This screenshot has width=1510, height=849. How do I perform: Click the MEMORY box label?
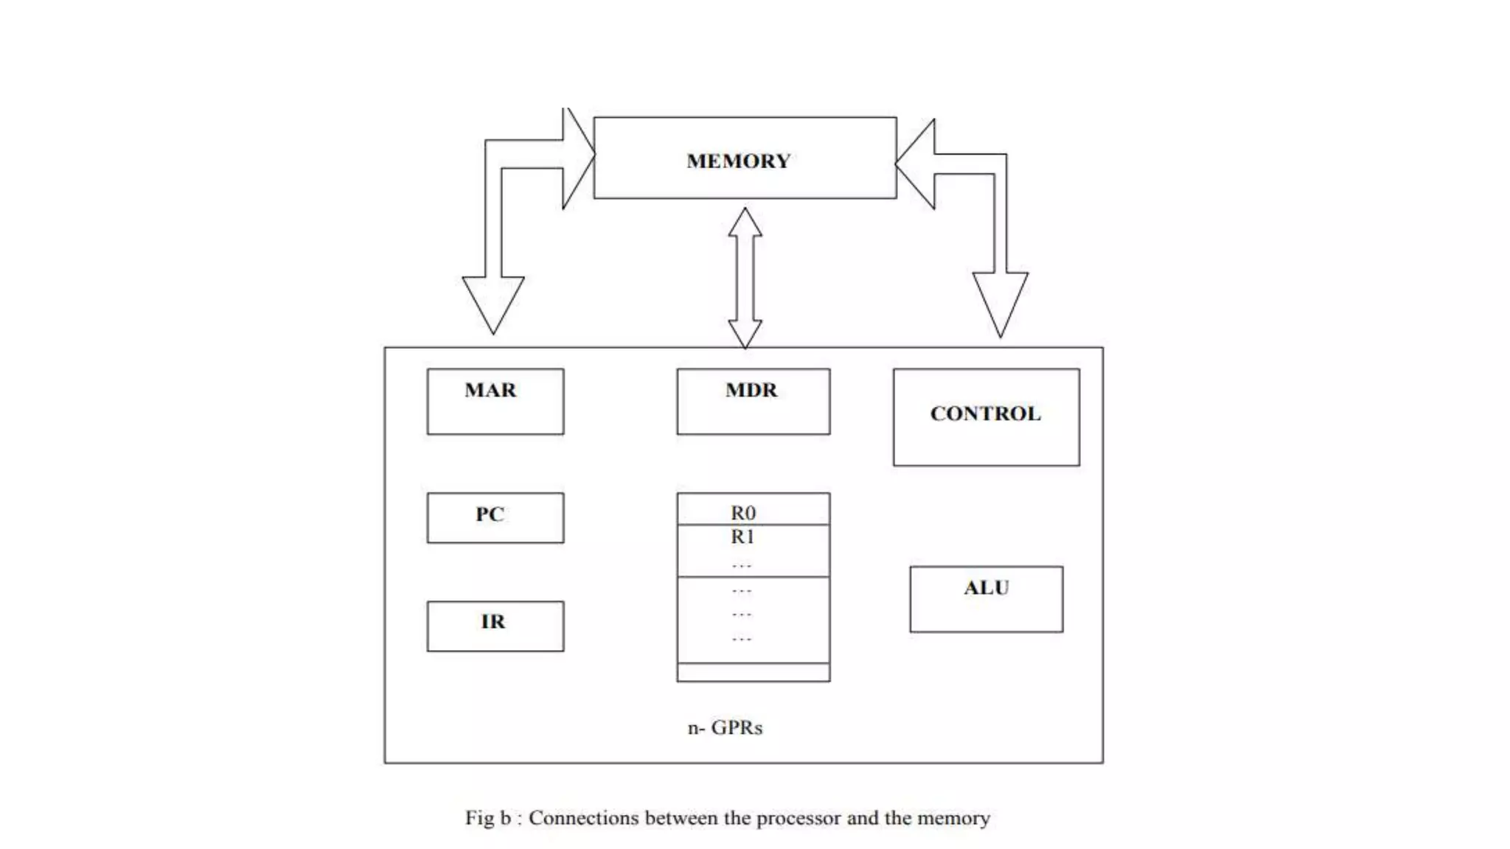(738, 161)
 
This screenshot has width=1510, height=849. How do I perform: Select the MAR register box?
(495, 401)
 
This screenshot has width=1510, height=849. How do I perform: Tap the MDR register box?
(753, 401)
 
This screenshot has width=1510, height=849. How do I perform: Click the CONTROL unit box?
(986, 416)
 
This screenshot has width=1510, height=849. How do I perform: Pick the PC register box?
(495, 517)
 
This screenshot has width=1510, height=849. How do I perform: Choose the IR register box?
(495, 626)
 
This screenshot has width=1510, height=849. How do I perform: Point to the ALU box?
(986, 598)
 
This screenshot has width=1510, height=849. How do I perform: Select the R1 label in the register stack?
(742, 537)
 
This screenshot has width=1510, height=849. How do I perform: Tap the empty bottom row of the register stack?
(753, 672)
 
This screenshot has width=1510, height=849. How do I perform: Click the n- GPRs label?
(725, 728)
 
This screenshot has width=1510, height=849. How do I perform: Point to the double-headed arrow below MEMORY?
(745, 278)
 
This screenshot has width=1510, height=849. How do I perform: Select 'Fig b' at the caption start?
(487, 818)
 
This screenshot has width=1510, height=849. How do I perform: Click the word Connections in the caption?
(583, 818)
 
